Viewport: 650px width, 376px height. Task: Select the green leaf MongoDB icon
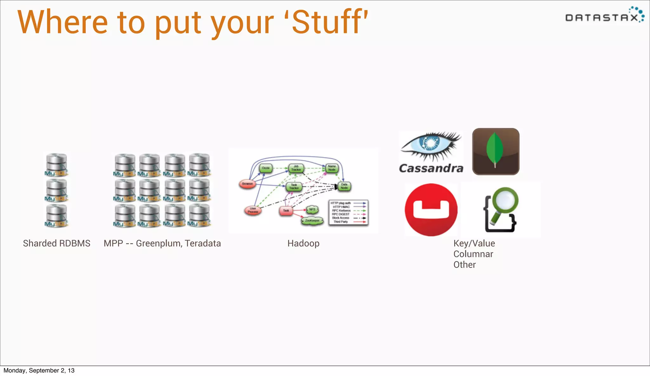(x=495, y=151)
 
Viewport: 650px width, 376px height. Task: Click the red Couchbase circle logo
(x=431, y=210)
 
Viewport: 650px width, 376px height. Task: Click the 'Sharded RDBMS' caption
(x=56, y=243)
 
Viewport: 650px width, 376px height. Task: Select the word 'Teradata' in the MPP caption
(x=203, y=243)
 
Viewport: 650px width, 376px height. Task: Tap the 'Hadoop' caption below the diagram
(x=303, y=243)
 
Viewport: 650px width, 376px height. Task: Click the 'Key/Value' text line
(x=474, y=243)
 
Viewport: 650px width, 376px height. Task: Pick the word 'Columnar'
(x=473, y=254)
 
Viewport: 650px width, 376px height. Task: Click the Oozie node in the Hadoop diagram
(x=266, y=168)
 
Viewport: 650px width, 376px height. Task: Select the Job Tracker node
(x=296, y=168)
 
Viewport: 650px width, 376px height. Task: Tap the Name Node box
(x=332, y=168)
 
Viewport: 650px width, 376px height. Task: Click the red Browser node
(x=247, y=184)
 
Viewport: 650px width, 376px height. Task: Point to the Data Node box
(x=344, y=186)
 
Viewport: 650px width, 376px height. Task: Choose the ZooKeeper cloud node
(x=312, y=220)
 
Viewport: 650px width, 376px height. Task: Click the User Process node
(x=253, y=210)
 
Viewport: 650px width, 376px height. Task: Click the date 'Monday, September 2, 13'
(x=39, y=371)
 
